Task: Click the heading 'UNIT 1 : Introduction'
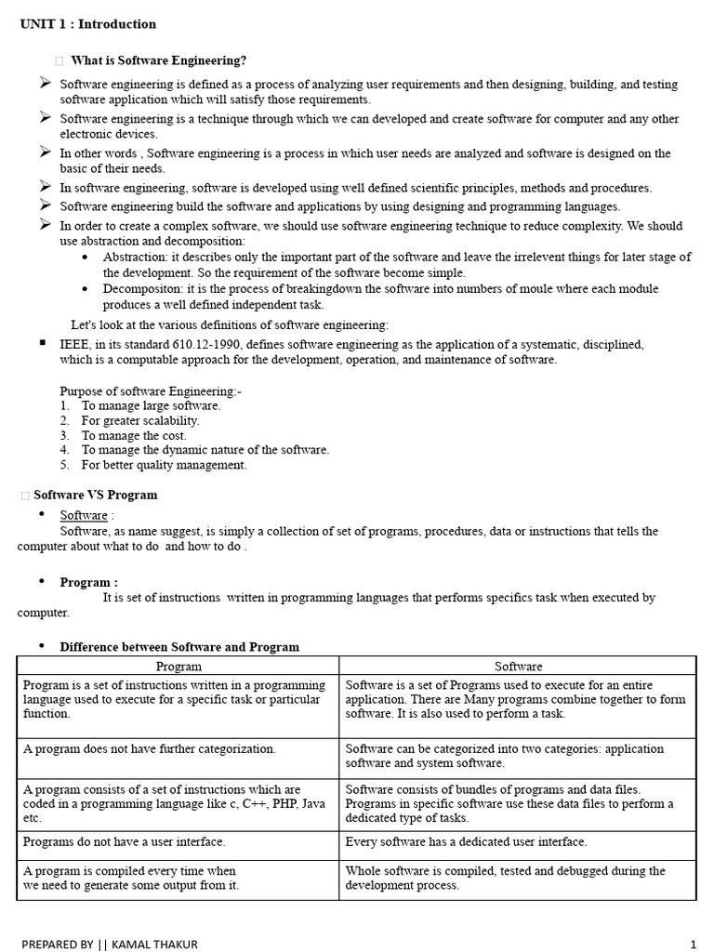88,24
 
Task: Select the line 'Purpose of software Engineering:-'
151,391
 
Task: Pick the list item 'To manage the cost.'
134,435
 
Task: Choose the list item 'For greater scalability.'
140,420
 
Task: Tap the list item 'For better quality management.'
164,465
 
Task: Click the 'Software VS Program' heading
96,496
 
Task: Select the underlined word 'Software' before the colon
84,515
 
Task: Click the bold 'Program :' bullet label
89,583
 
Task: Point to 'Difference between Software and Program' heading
179,647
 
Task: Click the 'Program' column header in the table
178,667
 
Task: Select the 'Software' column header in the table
518,667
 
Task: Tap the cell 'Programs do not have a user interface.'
125,842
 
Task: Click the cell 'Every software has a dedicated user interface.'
466,842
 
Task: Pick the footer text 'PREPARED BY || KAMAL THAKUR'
109,945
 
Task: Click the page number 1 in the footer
694,945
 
